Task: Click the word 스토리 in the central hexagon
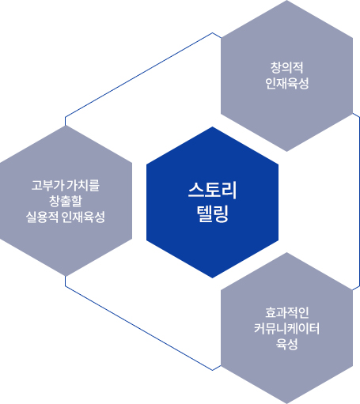click(212, 190)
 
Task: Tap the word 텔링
click(213, 213)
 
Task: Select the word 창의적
click(286, 67)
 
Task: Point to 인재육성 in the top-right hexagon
click(286, 83)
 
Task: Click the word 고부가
click(47, 185)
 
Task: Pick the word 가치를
click(82, 185)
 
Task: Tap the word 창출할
click(66, 201)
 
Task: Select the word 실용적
click(42, 217)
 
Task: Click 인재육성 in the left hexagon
click(83, 217)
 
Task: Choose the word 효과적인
click(286, 312)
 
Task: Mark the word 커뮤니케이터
click(286, 328)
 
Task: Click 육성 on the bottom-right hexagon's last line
click(286, 344)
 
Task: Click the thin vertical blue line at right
click(359, 202)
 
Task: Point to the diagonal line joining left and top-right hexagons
click(139, 74)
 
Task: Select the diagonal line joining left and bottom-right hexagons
click(139, 328)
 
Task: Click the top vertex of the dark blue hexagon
click(212, 127)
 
